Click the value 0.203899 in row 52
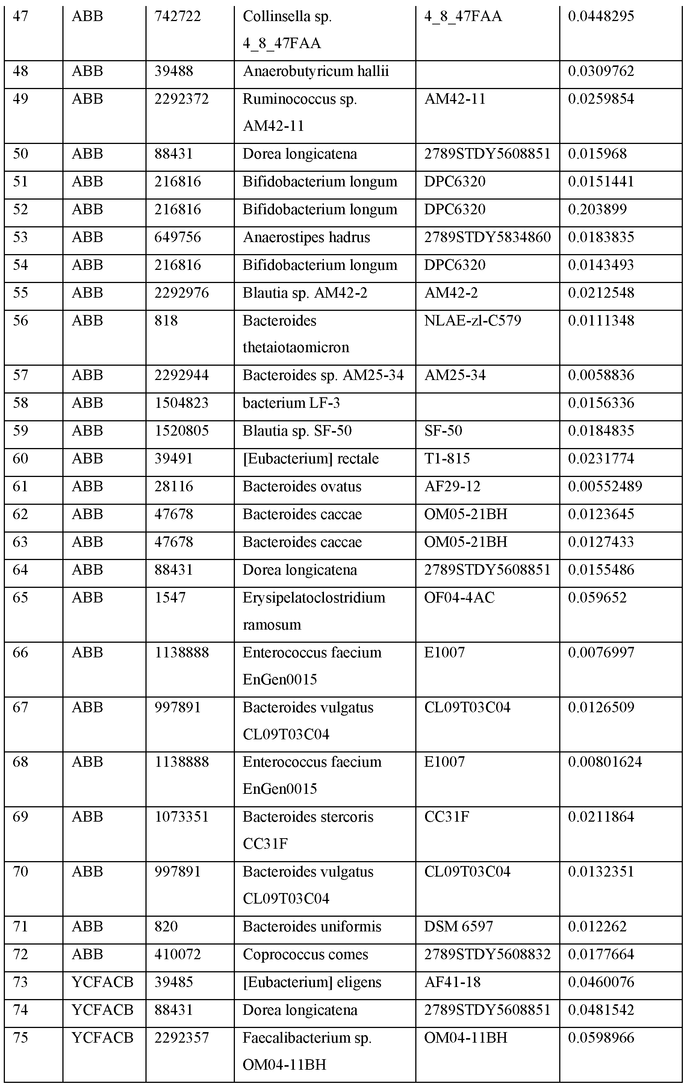tap(597, 209)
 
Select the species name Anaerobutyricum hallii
tap(316, 71)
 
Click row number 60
tap(20, 459)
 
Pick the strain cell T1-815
tap(447, 459)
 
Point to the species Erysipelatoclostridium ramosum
tap(314, 611)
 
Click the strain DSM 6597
tap(458, 927)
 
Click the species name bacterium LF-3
tap(291, 403)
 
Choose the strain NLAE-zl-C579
tap(473, 321)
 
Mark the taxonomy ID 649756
tap(177, 238)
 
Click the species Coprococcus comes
tap(305, 954)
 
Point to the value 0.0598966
tap(601, 1038)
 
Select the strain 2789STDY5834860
tap(487, 238)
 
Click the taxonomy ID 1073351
tap(182, 817)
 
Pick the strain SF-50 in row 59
tap(443, 431)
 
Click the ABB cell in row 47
tap(87, 17)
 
